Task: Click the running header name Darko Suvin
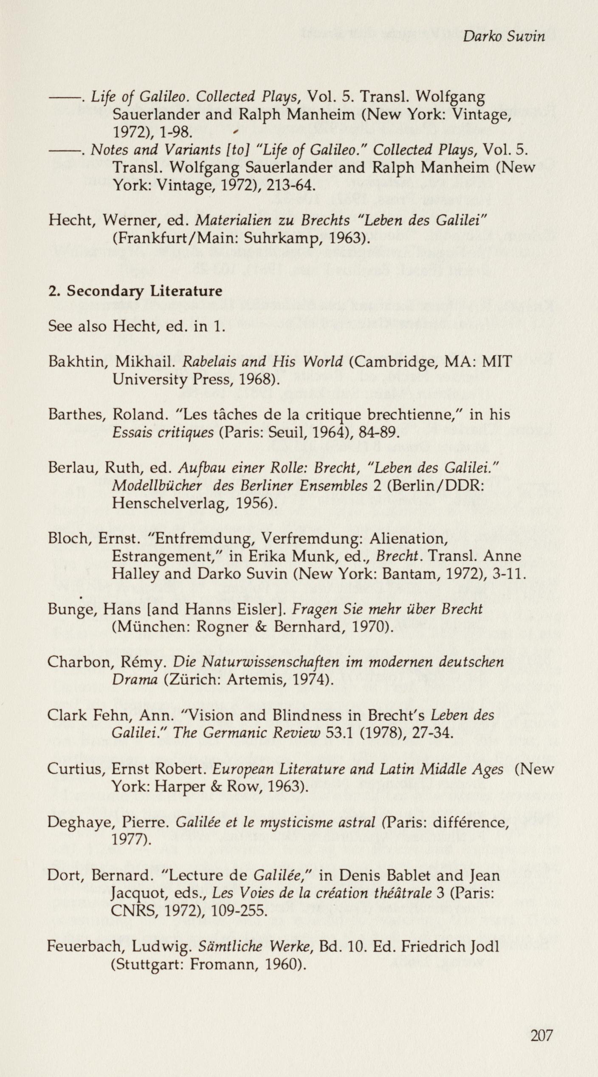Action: pos(504,37)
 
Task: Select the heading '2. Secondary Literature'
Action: pos(135,291)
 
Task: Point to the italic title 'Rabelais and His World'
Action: pos(262,362)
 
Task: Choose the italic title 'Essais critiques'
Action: pos(163,432)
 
